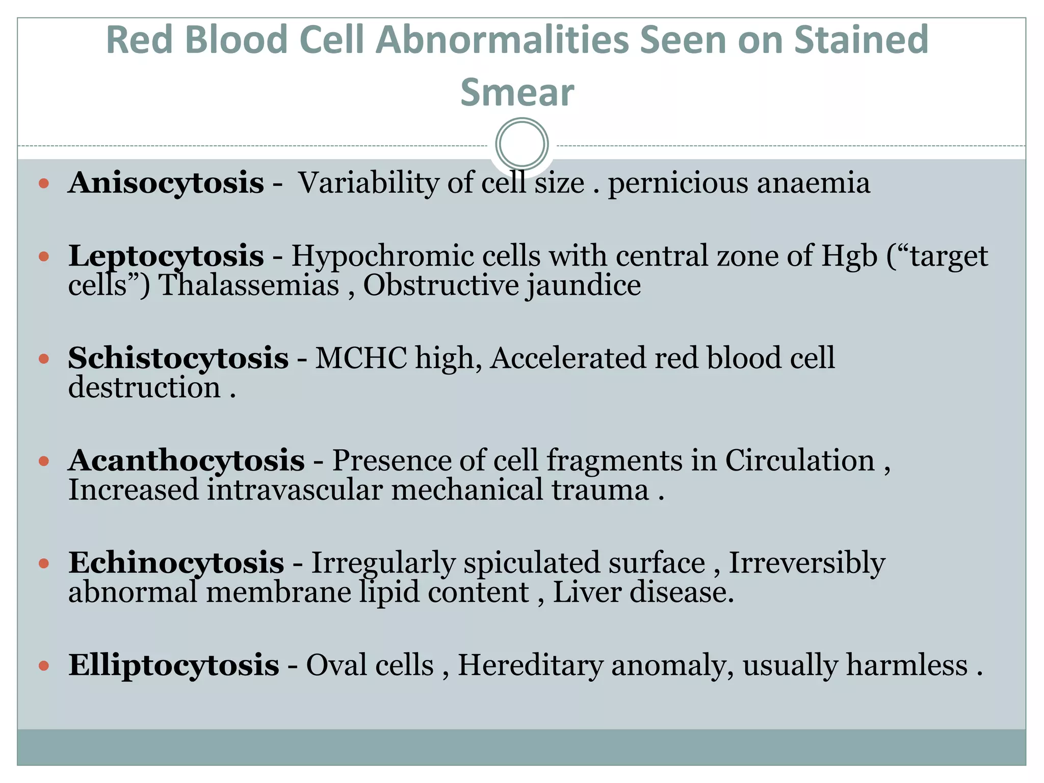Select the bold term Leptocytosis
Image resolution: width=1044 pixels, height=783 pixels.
(166, 256)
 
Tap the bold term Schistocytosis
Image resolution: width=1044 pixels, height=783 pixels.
(178, 358)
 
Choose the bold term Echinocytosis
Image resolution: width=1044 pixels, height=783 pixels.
(176, 563)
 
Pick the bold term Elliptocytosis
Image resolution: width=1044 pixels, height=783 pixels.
(173, 665)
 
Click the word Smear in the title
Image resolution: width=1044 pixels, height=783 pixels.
(517, 93)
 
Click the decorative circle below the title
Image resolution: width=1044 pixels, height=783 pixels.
(521, 144)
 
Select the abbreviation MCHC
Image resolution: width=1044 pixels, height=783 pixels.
(361, 358)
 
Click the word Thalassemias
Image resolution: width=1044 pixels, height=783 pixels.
(249, 285)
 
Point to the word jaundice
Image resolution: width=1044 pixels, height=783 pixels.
(584, 285)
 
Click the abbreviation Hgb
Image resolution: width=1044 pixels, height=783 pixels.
(849, 256)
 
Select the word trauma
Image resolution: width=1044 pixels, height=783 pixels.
(600, 490)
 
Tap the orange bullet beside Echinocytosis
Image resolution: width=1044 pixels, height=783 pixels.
(44, 563)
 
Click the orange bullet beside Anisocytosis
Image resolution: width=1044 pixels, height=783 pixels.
(44, 183)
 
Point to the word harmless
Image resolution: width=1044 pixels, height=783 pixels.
(907, 665)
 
